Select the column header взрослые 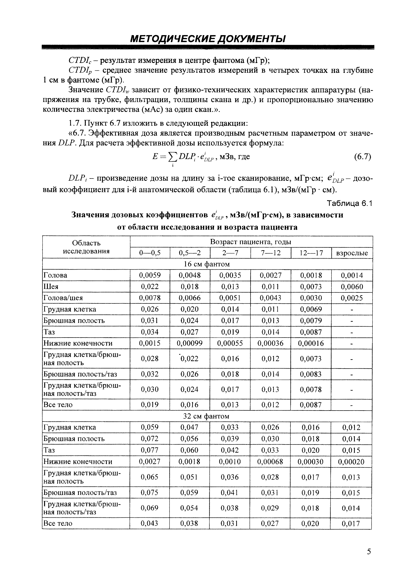pyautogui.click(x=352, y=253)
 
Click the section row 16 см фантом pyautogui.click(x=207, y=264)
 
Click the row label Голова pyautogui.click(x=56, y=275)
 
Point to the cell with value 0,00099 pyautogui.click(x=190, y=343)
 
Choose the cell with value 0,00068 pyautogui.click(x=270, y=462)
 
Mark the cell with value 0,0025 pyautogui.click(x=352, y=298)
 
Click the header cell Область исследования pyautogui.click(x=86, y=247)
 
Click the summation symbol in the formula pyautogui.click(x=173, y=157)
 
